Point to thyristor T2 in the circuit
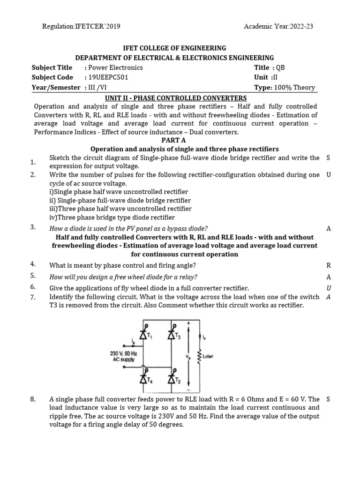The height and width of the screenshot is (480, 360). (172, 379)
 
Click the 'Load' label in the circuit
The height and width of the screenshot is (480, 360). (208, 357)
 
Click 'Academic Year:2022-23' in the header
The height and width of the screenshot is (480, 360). (278, 26)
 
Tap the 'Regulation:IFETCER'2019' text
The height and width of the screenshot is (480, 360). (81, 26)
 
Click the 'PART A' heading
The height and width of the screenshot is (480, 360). (173, 140)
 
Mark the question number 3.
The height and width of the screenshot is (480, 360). (33, 227)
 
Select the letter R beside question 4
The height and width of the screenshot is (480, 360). (329, 265)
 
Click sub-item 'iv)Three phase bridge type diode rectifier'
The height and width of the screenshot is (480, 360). (112, 217)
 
